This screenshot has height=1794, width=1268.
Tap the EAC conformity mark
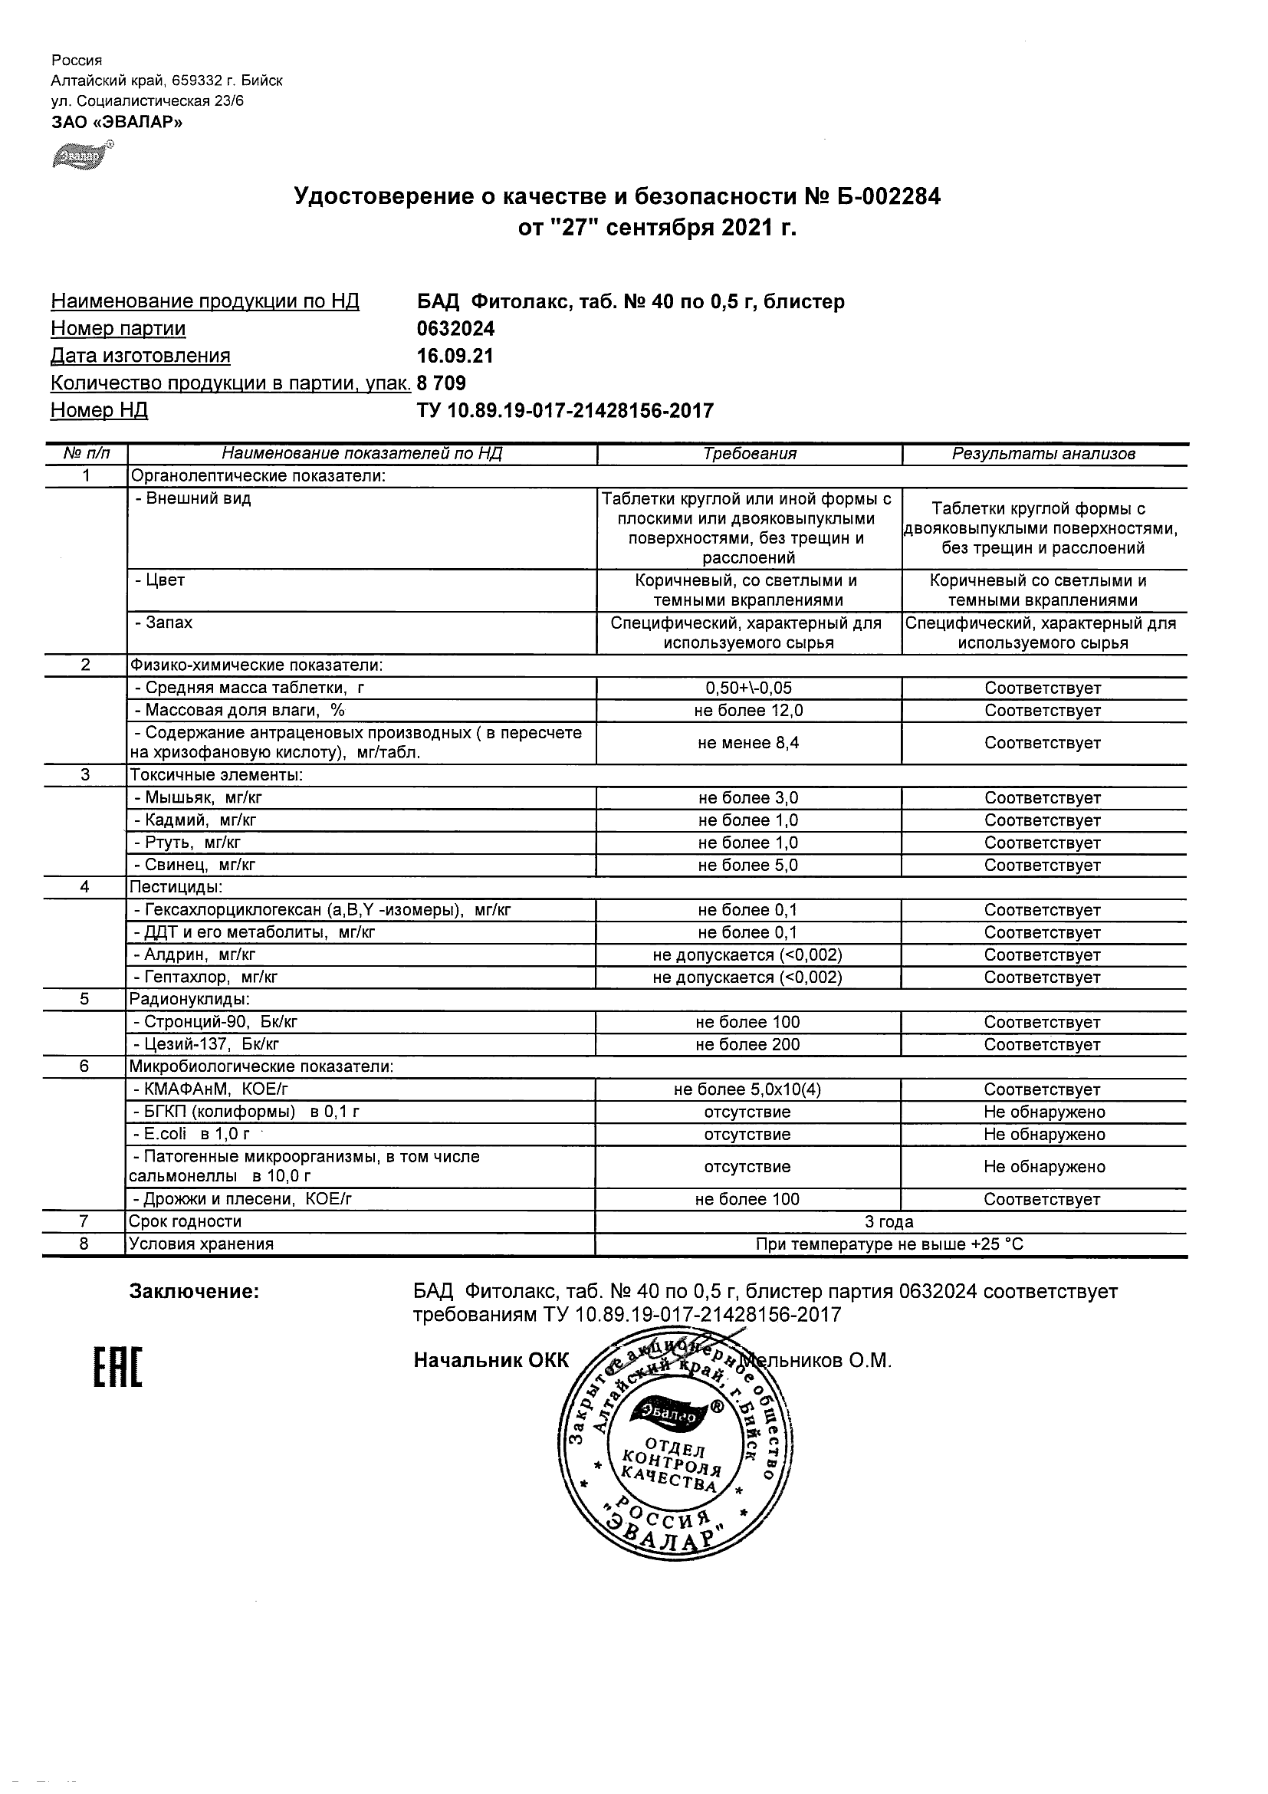coord(119,1368)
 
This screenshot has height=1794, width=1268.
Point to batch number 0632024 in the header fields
coord(455,329)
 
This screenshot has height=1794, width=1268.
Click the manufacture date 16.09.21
coord(455,356)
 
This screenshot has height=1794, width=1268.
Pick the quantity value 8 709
coord(442,383)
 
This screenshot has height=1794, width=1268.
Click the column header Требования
coord(749,454)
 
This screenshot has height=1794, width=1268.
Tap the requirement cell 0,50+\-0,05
coord(748,688)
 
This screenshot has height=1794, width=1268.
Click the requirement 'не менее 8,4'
coord(748,743)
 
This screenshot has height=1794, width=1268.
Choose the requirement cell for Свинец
coord(748,865)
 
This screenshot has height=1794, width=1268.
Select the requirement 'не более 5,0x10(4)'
coord(747,1089)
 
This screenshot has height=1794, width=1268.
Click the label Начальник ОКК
coord(491,1360)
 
